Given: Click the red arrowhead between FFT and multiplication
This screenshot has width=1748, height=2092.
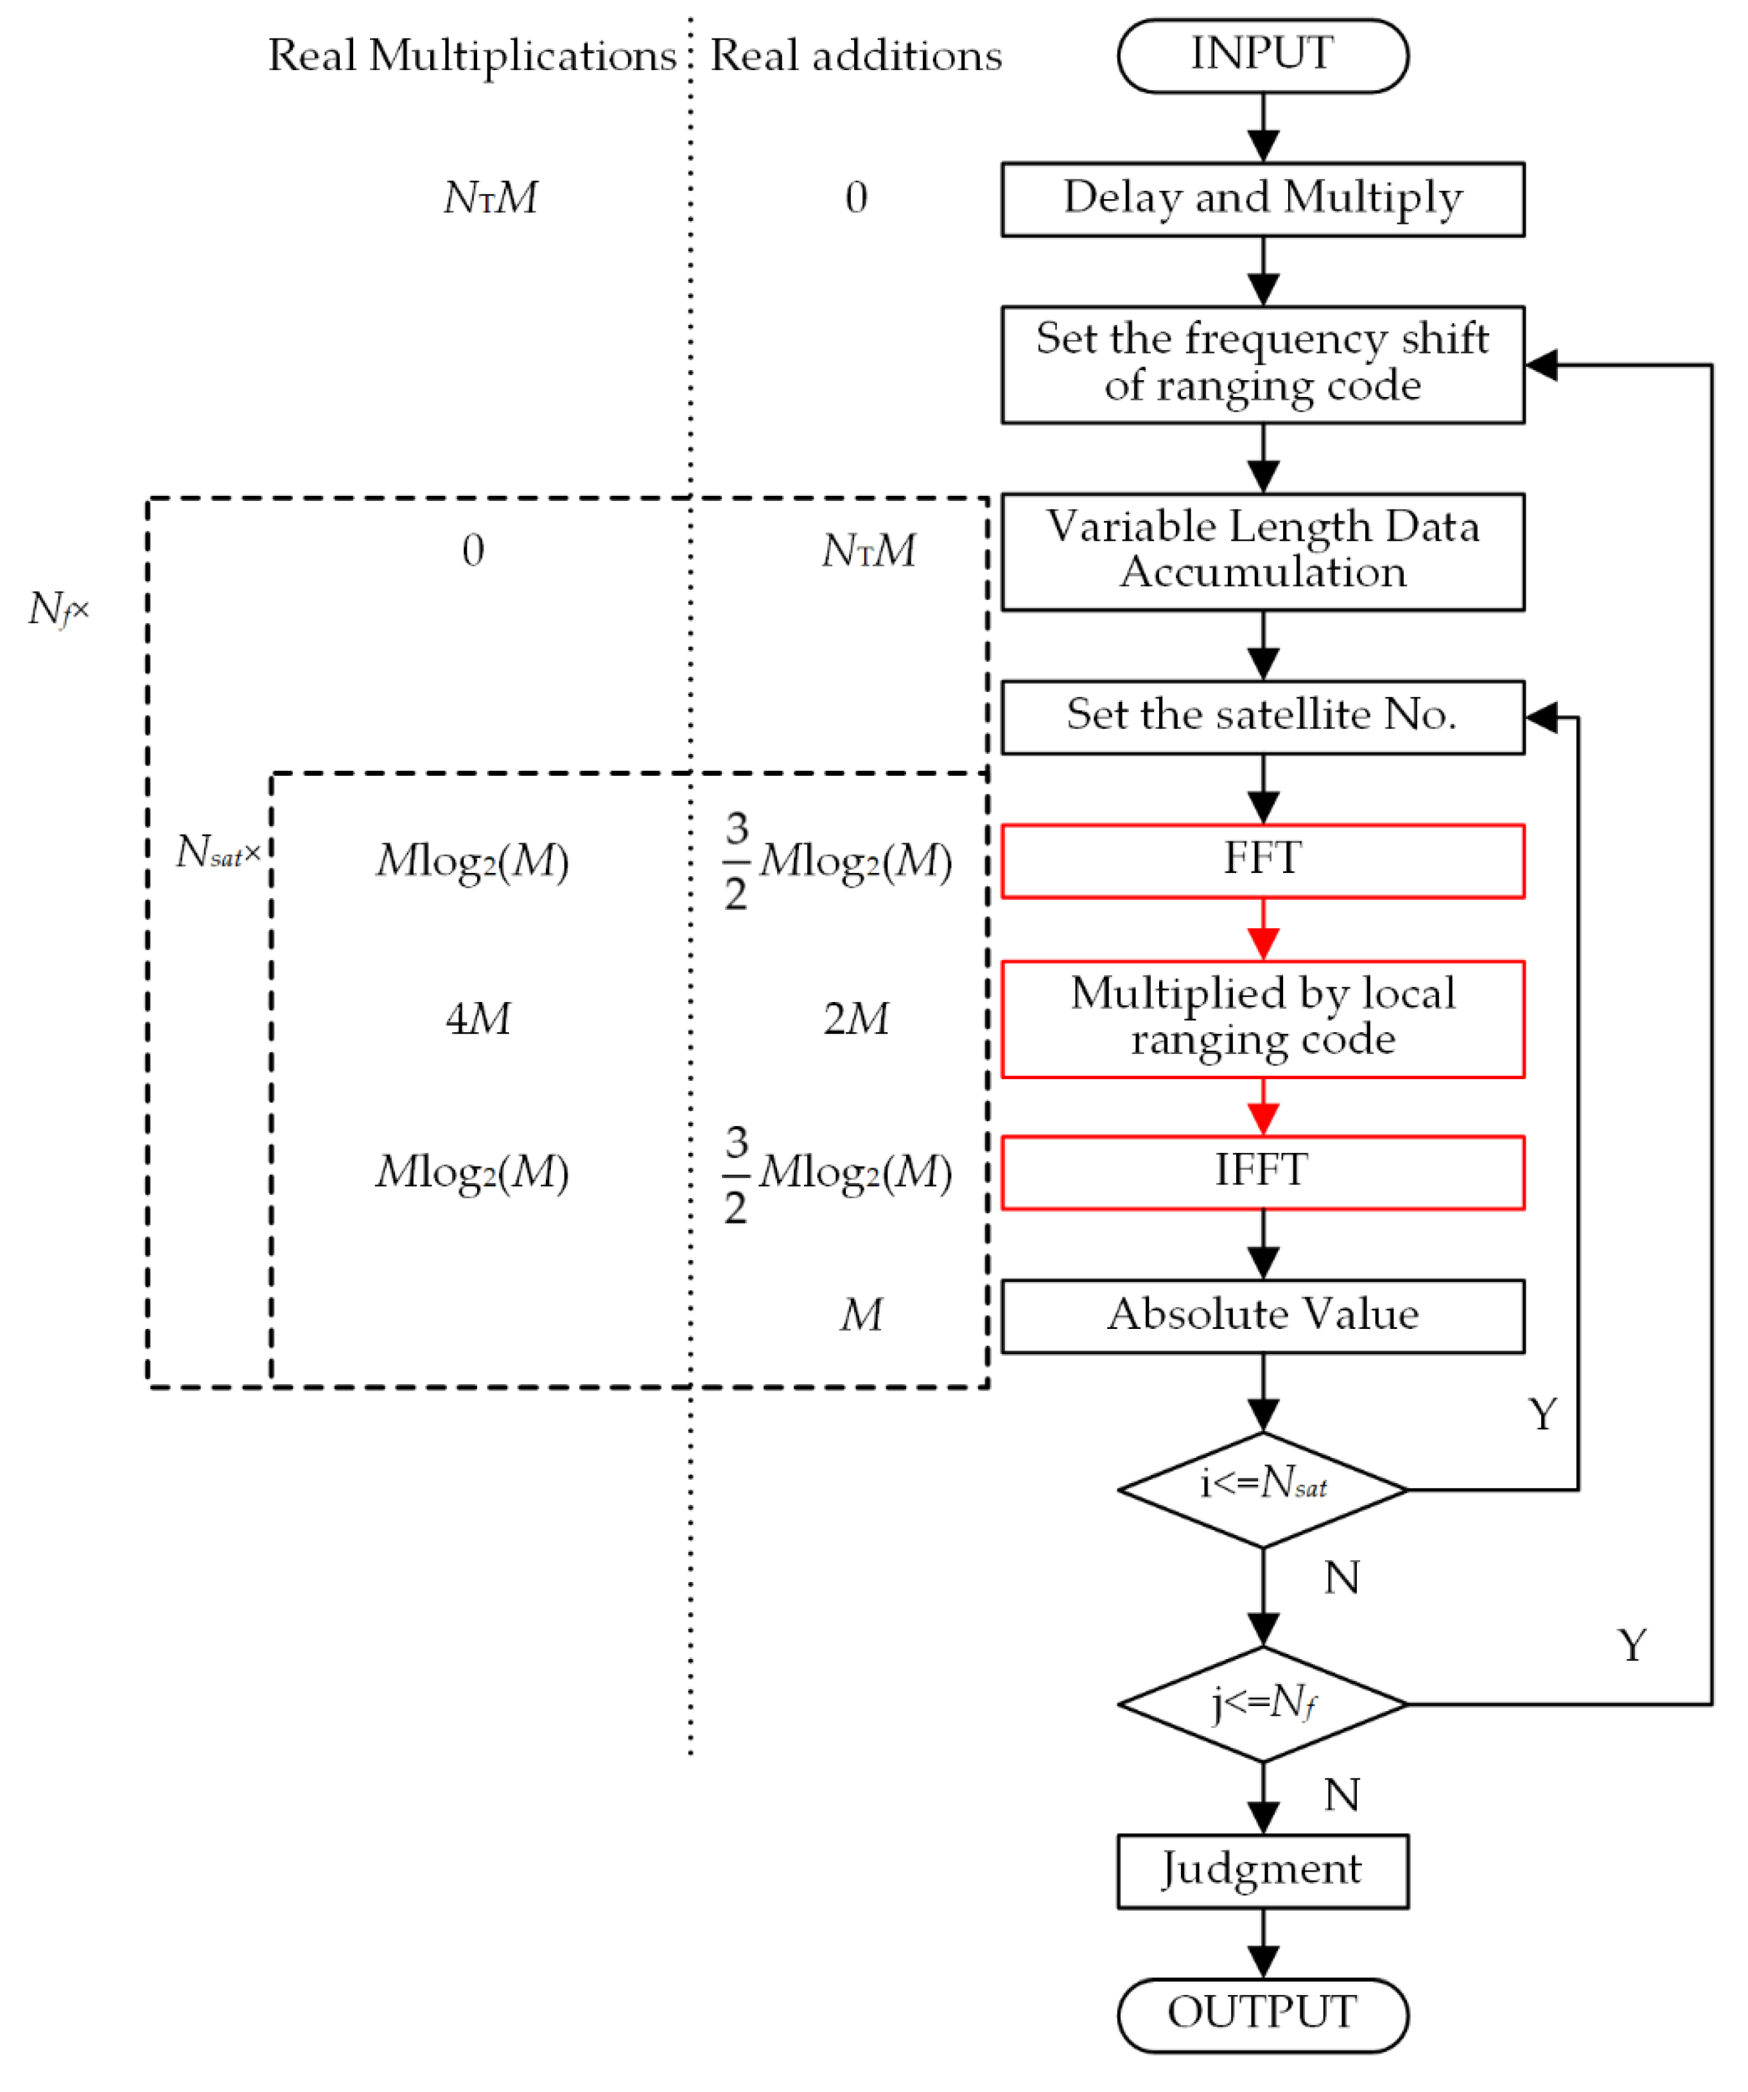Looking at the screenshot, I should coord(1263,942).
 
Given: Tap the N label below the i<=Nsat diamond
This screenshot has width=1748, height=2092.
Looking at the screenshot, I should coord(1342,1578).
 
